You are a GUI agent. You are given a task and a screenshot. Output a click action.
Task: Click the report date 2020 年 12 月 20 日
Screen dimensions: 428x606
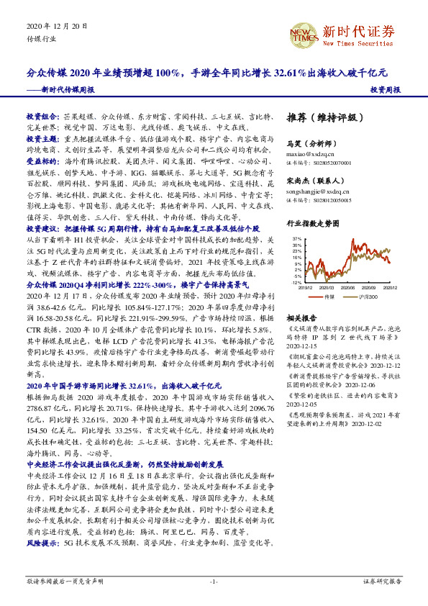click(55, 27)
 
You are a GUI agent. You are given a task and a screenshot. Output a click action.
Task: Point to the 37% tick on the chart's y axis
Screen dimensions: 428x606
click(297, 236)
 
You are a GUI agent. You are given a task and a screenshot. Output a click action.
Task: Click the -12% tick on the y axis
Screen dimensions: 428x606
click(296, 283)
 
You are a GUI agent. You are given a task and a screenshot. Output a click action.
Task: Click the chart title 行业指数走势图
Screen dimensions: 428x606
click(312, 224)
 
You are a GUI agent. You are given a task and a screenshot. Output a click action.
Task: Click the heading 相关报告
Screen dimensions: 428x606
click(301, 317)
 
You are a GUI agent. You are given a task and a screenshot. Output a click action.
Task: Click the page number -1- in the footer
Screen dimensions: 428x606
click(214, 581)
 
